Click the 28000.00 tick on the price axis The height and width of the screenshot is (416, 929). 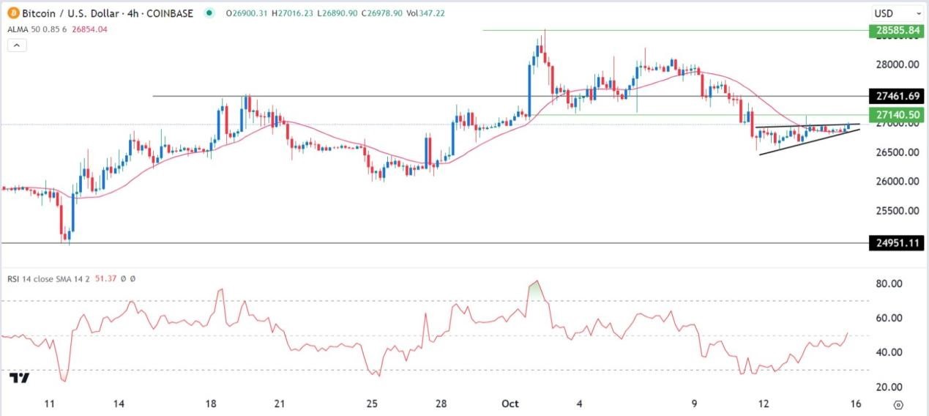click(x=897, y=64)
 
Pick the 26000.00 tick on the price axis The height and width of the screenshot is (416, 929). click(x=897, y=181)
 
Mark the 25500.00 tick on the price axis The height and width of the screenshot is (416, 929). click(x=897, y=211)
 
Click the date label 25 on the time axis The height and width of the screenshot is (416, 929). click(x=372, y=404)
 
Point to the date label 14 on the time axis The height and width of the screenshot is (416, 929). click(x=121, y=404)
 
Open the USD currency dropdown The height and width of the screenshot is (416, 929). click(x=897, y=13)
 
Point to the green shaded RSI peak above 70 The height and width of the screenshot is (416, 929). click(x=537, y=289)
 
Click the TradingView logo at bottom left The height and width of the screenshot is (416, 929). click(x=20, y=378)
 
